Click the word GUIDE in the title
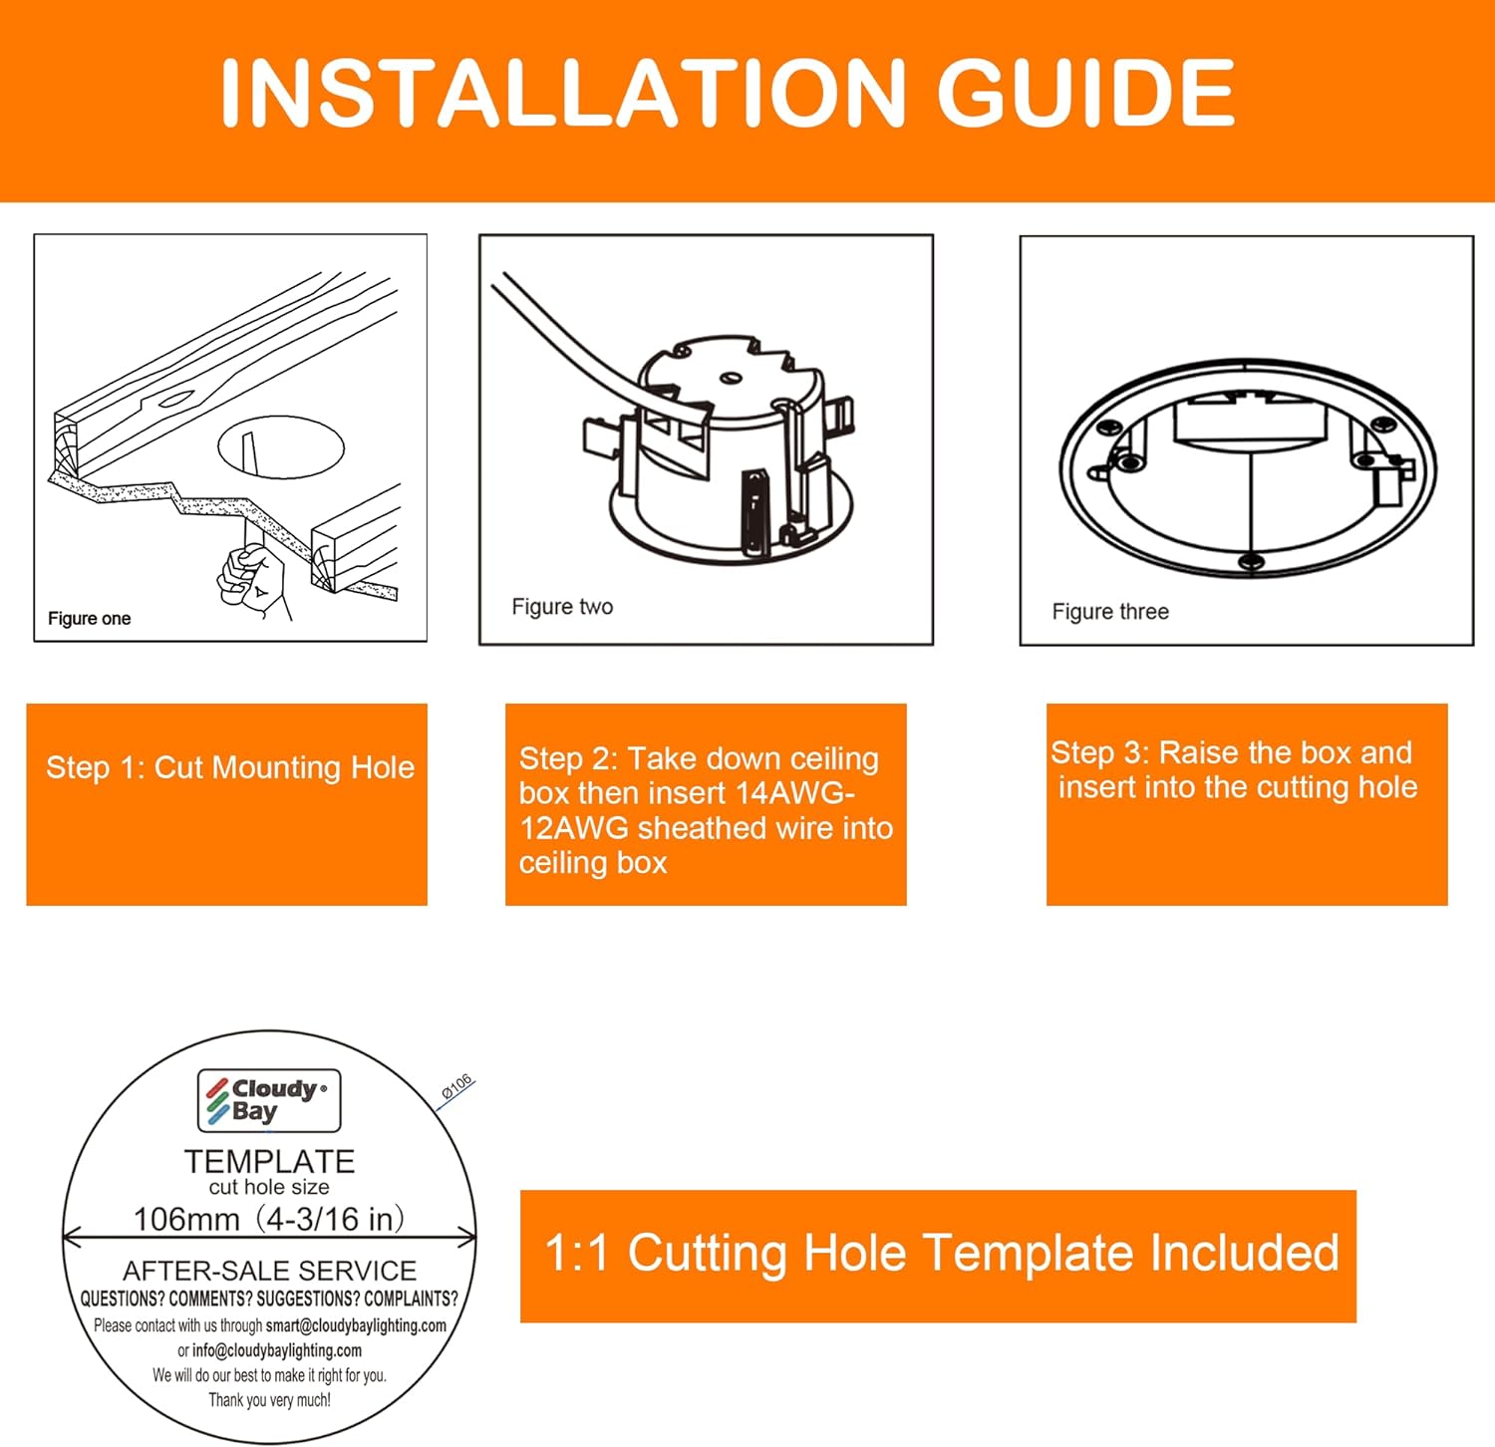click(1085, 93)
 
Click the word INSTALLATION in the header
click(562, 93)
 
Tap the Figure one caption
click(90, 619)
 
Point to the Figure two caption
click(562, 607)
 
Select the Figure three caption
click(1110, 612)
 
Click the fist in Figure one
click(250, 578)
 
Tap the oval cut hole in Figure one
click(281, 446)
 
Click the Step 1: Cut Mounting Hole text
click(230, 767)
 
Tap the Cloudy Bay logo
click(269, 1101)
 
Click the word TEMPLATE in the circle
click(269, 1162)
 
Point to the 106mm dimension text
click(186, 1219)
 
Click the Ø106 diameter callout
click(456, 1087)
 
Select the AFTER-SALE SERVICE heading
click(269, 1271)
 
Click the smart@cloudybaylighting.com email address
click(356, 1326)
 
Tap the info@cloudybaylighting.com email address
click(277, 1351)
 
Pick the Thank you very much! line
click(269, 1400)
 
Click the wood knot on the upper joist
click(173, 401)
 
